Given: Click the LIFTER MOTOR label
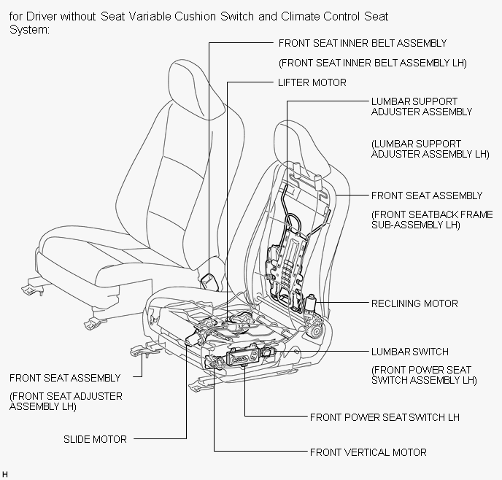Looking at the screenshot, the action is pyautogui.click(x=312, y=82).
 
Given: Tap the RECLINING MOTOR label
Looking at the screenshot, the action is pyautogui.click(x=414, y=303).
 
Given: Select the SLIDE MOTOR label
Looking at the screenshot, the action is pyautogui.click(x=95, y=439).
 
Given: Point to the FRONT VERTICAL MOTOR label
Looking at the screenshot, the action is pyautogui.click(x=368, y=452).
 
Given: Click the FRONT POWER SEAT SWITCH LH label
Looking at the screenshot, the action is pyautogui.click(x=385, y=417).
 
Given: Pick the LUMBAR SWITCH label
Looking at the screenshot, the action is pyautogui.click(x=410, y=352).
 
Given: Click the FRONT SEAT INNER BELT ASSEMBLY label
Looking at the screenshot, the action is pyautogui.click(x=363, y=43).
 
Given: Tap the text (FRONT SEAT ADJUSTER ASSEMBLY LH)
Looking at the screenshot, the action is pyautogui.click(x=66, y=401).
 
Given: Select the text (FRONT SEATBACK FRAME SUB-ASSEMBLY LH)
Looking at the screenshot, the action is pyautogui.click(x=432, y=220).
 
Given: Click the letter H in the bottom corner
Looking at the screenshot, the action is pyautogui.click(x=5, y=474).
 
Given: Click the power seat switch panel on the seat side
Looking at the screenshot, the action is pyautogui.click(x=243, y=356).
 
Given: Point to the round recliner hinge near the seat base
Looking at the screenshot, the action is pyautogui.click(x=317, y=331).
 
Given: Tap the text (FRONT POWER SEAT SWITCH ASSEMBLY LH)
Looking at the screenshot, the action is pyautogui.click(x=424, y=375).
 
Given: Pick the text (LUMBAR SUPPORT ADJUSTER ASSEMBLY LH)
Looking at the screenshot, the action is pyautogui.click(x=430, y=149).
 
